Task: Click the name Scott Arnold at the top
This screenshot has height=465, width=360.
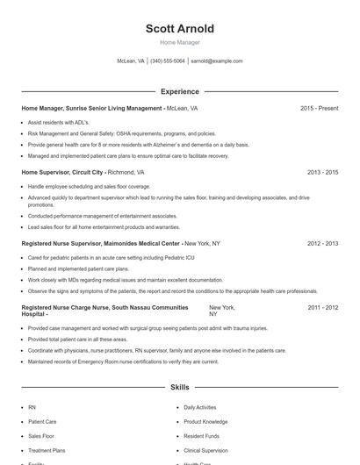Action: pyautogui.click(x=180, y=29)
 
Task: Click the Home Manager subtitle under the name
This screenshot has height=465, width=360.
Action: pyautogui.click(x=180, y=42)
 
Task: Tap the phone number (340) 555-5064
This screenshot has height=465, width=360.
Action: pyautogui.click(x=168, y=61)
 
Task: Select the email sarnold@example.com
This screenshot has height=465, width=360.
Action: pyautogui.click(x=217, y=61)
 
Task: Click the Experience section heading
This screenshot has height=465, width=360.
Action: pyautogui.click(x=180, y=91)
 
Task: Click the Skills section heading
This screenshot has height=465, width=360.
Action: pyautogui.click(x=180, y=387)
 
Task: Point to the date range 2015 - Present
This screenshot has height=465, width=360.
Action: pyautogui.click(x=319, y=109)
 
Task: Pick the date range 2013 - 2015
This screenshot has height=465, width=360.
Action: pyautogui.click(x=322, y=173)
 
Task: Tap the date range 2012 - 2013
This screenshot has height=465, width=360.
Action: pyautogui.click(x=322, y=243)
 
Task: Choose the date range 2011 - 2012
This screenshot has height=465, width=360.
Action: pyautogui.click(x=322, y=308)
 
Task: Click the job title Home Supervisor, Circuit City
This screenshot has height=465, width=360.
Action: pyautogui.click(x=63, y=173)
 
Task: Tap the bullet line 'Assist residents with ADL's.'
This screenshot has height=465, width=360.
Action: pyautogui.click(x=59, y=123)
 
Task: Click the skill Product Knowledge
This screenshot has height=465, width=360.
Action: pyautogui.click(x=205, y=422)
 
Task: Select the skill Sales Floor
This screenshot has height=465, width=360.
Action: pyautogui.click(x=41, y=436)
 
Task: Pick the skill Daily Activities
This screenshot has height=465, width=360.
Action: pyautogui.click(x=200, y=408)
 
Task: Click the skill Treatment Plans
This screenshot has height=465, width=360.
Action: pyautogui.click(x=47, y=450)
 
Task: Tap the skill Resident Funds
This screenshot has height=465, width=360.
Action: pyautogui.click(x=202, y=436)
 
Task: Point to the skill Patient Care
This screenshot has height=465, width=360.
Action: pyautogui.click(x=42, y=422)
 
